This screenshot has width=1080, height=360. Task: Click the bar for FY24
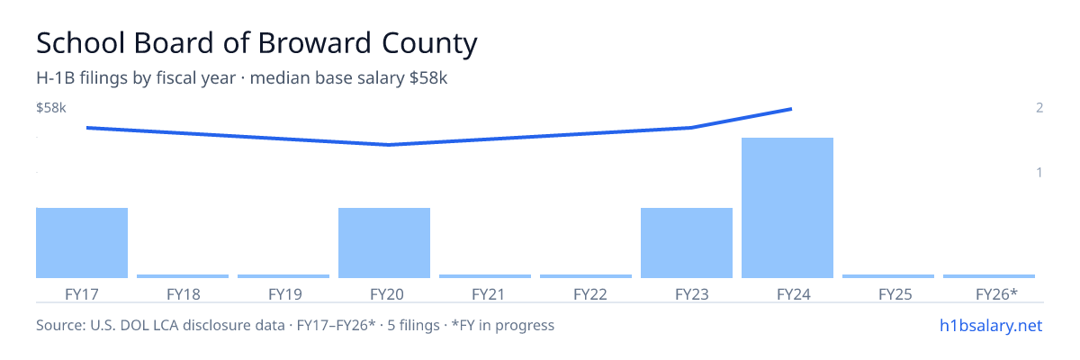point(787,208)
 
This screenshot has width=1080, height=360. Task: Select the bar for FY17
point(82,243)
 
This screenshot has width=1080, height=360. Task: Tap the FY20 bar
point(384,243)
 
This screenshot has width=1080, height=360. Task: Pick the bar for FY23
point(687,243)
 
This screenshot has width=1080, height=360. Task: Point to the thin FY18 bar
point(183,276)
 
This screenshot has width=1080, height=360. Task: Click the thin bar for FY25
point(888,276)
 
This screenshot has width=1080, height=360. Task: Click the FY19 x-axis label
point(285,294)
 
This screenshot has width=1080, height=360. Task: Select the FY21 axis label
point(488,294)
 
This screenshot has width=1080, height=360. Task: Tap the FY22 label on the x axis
point(590,294)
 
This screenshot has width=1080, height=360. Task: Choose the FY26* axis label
point(996,294)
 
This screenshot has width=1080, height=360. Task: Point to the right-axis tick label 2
point(1039,107)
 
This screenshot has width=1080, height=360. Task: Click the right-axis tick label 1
point(1039,172)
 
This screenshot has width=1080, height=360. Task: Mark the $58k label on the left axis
point(51,107)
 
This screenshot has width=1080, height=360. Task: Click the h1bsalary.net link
point(991,325)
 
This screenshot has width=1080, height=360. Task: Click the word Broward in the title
point(315,43)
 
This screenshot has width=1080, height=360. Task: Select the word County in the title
point(429,44)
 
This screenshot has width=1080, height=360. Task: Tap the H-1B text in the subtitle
point(56,77)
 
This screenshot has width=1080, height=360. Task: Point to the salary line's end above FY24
point(791,109)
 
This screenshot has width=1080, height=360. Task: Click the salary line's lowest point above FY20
point(389,145)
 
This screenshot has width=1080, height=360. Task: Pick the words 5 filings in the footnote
point(413,325)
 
